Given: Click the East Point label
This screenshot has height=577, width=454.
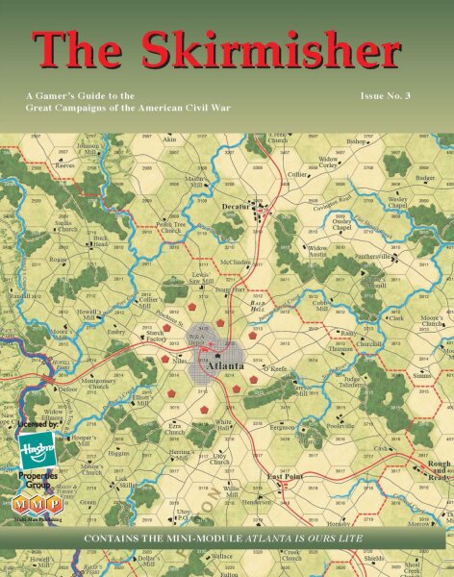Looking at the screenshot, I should pyautogui.click(x=286, y=477).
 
